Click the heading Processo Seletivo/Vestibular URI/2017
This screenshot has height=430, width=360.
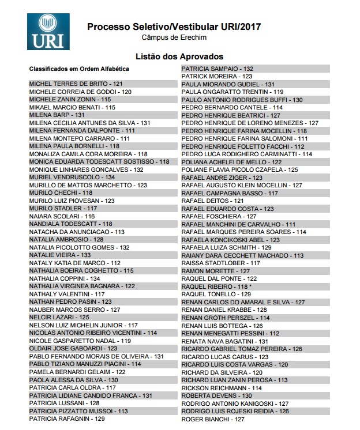pos(174,27)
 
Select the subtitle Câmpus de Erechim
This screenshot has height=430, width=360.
pos(174,37)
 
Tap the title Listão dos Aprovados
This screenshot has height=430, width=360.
pos(179,56)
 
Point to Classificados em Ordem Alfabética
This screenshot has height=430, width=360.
pos(79,69)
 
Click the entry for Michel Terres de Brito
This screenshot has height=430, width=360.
pos(76,84)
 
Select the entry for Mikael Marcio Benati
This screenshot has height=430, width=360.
pos(72,107)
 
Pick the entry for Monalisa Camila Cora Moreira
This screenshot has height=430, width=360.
pos(88,154)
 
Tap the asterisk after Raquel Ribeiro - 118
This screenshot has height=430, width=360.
pos(250,286)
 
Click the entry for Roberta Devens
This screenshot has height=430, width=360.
pos(216,395)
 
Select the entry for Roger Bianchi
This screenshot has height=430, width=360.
pos(213,419)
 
